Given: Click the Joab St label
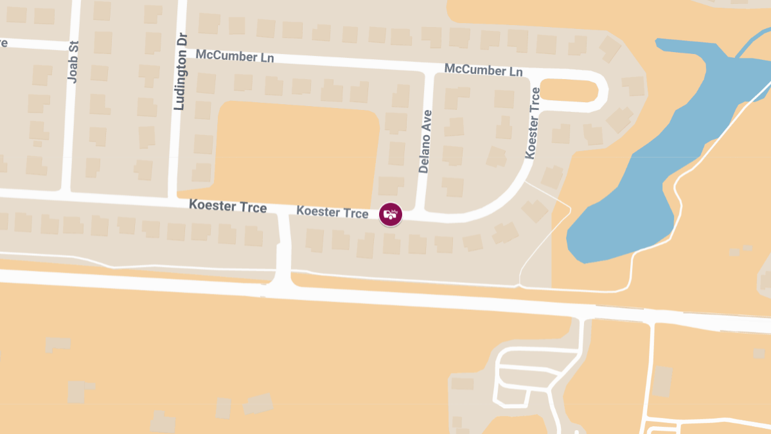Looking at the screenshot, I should coord(73,61).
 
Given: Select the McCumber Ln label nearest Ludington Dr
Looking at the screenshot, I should coord(235,57).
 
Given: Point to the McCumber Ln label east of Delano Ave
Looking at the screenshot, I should coord(483,69).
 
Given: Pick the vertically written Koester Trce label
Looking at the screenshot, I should coord(532,123).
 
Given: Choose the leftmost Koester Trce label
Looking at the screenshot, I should coord(227,206).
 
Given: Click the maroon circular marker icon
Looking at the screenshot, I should coord(390,214).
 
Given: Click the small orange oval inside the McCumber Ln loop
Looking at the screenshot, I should coord(569,91).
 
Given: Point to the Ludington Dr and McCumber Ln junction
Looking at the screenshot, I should coord(181,49).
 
